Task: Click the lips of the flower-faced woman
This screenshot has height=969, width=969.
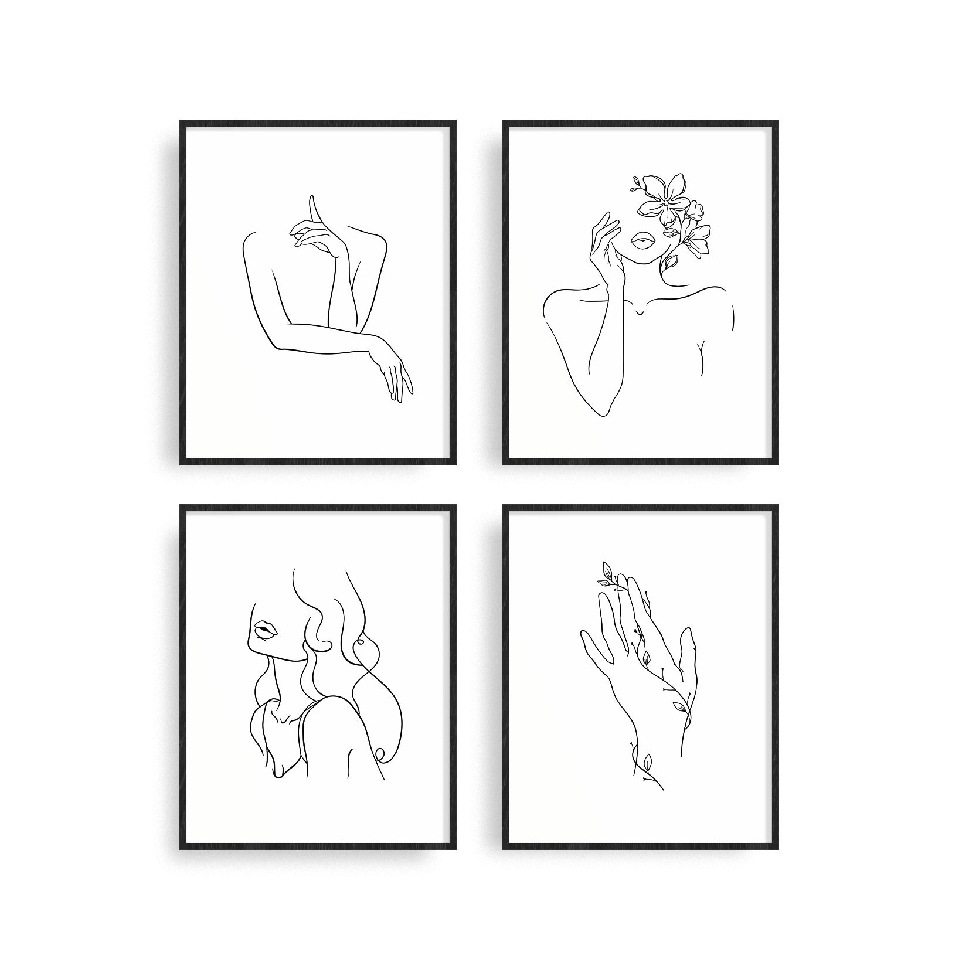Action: (x=642, y=240)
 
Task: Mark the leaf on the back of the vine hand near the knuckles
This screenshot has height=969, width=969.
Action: (x=644, y=657)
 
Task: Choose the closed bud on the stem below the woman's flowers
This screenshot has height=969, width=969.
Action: (x=668, y=264)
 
